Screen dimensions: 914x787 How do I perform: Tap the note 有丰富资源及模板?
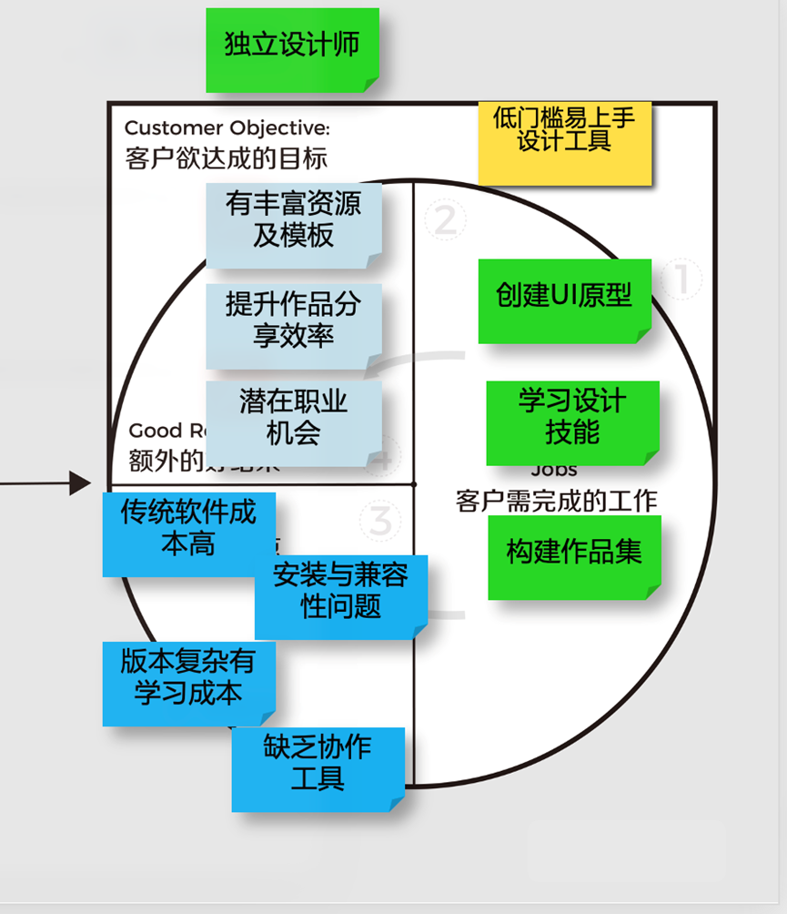tap(293, 224)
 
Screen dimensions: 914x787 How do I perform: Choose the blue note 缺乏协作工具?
tap(318, 768)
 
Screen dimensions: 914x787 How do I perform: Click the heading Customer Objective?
tap(227, 127)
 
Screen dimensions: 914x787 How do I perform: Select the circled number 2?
tap(445, 220)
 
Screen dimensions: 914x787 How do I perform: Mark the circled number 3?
tap(380, 522)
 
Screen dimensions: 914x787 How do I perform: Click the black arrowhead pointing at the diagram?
tap(80, 483)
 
